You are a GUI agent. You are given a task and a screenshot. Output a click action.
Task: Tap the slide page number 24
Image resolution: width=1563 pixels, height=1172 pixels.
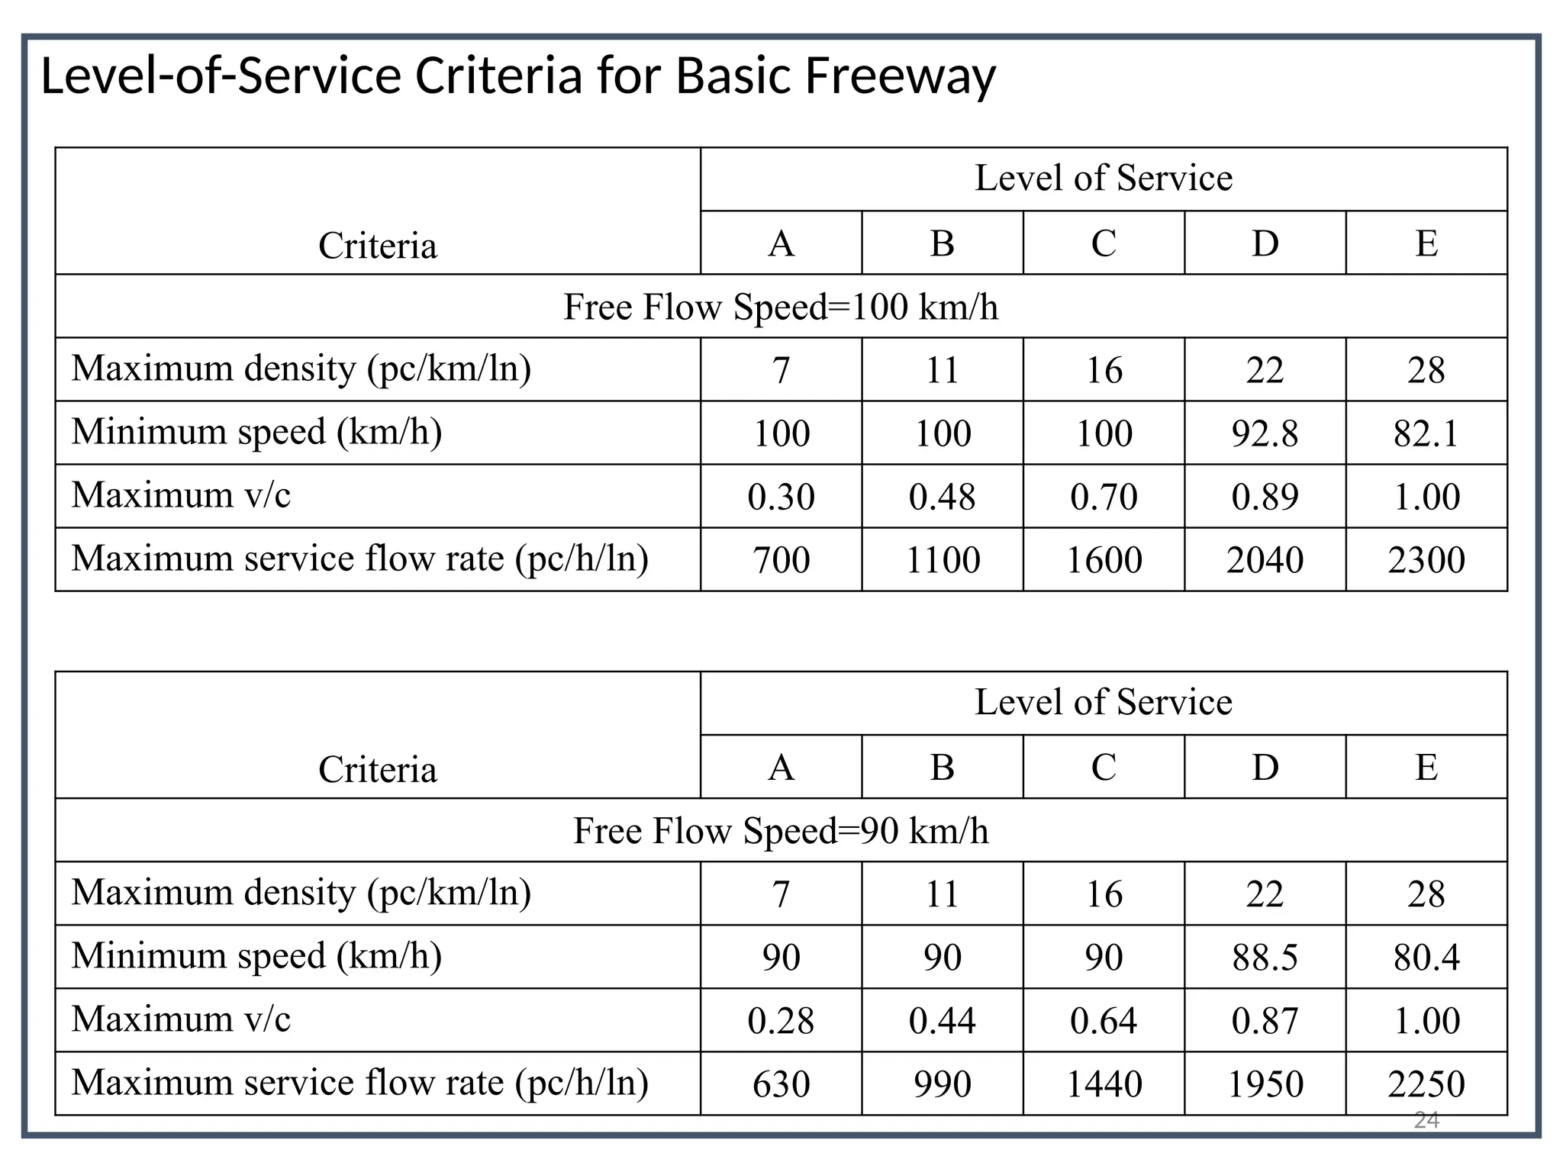(1426, 1120)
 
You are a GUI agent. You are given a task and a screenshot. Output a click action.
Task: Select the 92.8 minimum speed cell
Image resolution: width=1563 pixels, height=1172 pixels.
(1265, 433)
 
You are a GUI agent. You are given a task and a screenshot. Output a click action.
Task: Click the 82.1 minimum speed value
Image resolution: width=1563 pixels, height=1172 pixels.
(1426, 433)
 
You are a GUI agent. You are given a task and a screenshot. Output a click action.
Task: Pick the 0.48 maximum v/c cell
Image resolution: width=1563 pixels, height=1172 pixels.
(942, 497)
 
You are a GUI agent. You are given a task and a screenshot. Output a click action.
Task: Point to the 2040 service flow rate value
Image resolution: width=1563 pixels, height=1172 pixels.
(1265, 560)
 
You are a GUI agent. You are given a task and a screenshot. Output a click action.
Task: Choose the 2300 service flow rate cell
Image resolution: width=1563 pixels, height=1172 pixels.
(1426, 560)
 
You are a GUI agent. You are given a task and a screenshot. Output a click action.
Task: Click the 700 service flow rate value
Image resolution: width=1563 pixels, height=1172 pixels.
(781, 560)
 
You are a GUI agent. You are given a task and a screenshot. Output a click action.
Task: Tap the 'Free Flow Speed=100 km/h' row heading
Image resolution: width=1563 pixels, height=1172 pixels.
(781, 307)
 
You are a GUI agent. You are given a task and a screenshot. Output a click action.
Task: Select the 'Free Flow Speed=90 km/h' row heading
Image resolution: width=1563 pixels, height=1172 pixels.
(781, 831)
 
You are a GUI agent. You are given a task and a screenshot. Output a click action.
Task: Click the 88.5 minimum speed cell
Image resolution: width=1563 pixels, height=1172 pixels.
(1265, 958)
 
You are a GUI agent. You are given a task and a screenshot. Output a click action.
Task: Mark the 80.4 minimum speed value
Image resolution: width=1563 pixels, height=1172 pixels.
(1426, 958)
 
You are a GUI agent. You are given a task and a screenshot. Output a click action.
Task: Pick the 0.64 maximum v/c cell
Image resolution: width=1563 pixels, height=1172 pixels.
(1104, 1021)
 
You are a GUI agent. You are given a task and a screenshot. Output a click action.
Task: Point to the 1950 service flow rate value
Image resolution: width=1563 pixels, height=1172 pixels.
(1265, 1084)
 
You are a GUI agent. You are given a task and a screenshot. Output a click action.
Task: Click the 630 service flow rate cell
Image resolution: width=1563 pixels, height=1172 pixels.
(781, 1084)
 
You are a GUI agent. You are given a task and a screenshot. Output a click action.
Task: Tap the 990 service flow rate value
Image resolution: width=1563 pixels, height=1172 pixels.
(942, 1084)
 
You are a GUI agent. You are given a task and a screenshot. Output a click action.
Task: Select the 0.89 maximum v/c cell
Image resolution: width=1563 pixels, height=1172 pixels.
(1265, 497)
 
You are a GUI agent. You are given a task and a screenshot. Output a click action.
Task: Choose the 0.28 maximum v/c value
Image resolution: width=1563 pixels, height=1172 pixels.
(781, 1021)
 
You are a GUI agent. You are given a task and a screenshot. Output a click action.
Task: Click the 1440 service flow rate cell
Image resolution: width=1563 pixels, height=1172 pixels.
(1104, 1084)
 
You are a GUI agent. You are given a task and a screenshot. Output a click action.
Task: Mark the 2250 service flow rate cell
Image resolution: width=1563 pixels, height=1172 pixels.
(1426, 1084)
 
